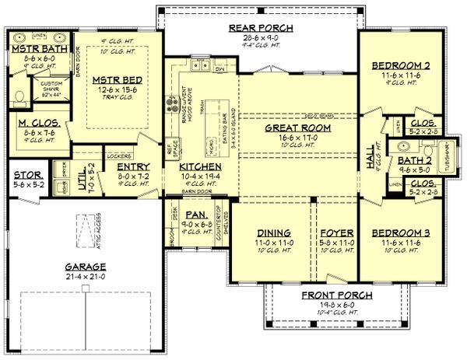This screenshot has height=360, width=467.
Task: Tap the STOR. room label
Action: (x=26, y=175)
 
